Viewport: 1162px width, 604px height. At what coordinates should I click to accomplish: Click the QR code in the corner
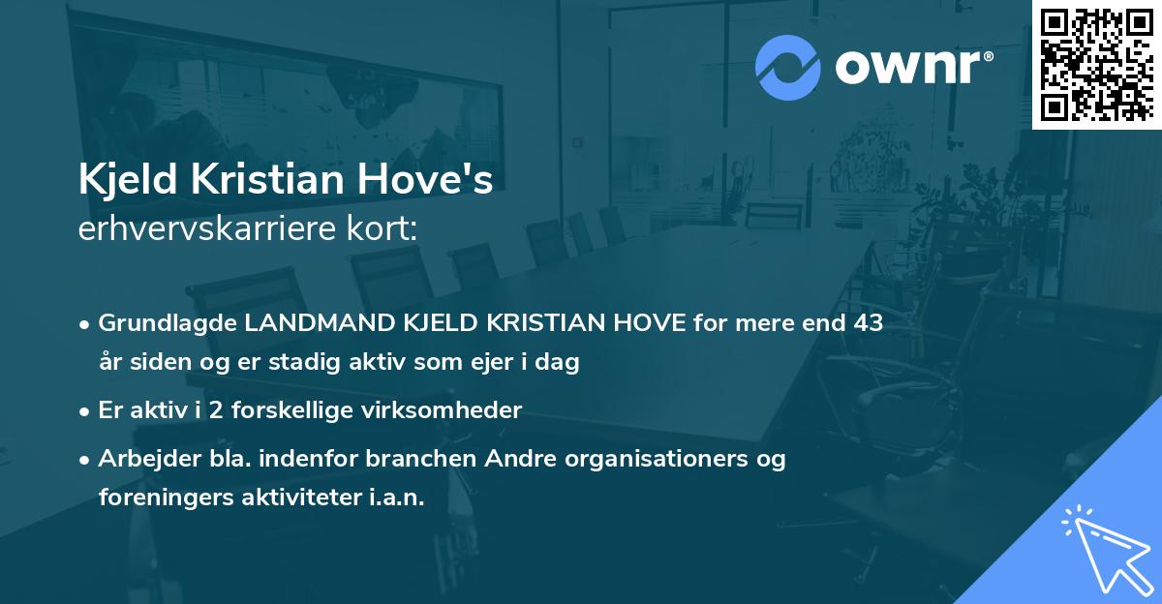click(1096, 64)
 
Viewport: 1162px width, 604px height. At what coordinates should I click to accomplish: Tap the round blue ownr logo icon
click(788, 68)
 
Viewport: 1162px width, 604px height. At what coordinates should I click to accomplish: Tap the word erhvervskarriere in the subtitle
click(206, 228)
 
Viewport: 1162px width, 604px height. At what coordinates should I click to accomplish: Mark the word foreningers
click(162, 498)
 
